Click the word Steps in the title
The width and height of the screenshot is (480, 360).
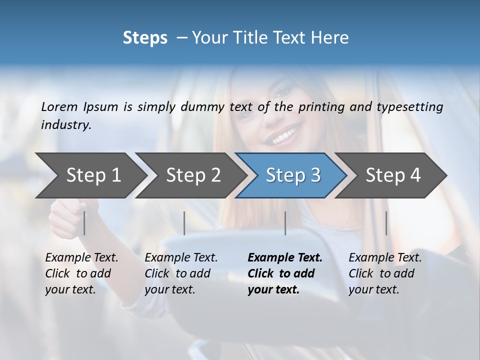[145, 38]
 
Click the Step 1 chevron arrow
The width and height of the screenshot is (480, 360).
[90, 175]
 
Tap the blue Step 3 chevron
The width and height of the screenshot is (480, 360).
[292, 175]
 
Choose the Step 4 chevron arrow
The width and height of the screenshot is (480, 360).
[392, 175]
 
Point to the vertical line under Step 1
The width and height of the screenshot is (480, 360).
[84, 223]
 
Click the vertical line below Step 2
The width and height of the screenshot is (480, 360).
[184, 223]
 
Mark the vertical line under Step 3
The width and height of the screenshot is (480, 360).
[285, 223]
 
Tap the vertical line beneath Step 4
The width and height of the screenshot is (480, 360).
[386, 223]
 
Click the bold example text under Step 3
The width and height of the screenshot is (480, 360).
[284, 273]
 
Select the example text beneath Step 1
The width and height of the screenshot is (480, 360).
[81, 273]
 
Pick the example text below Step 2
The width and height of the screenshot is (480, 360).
[180, 273]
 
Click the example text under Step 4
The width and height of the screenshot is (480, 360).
[384, 273]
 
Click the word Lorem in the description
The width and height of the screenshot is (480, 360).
[59, 106]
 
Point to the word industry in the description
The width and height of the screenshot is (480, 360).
[65, 125]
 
